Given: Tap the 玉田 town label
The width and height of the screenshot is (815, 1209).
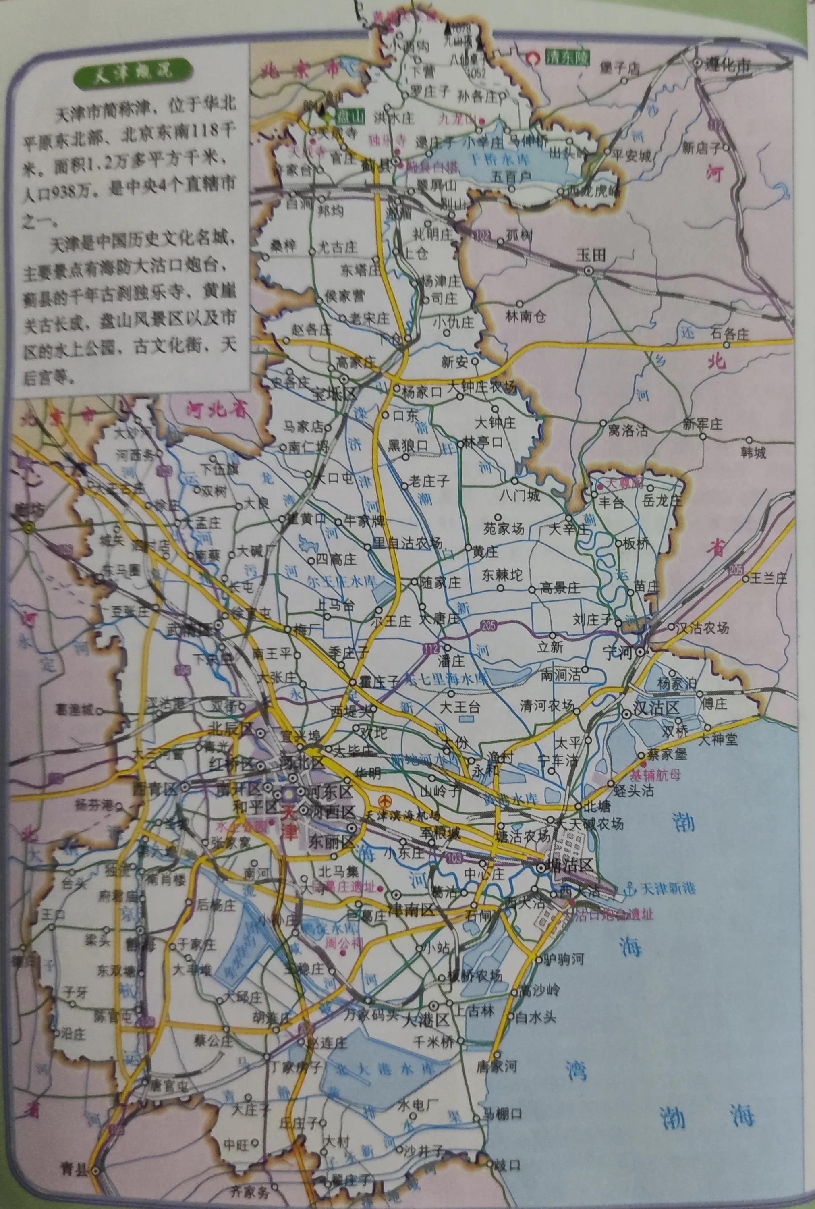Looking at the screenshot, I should [591, 255].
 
